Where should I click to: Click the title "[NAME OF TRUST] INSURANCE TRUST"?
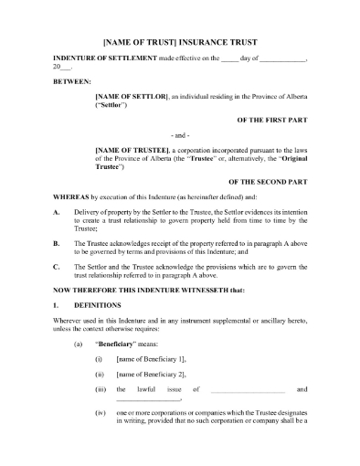180,40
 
